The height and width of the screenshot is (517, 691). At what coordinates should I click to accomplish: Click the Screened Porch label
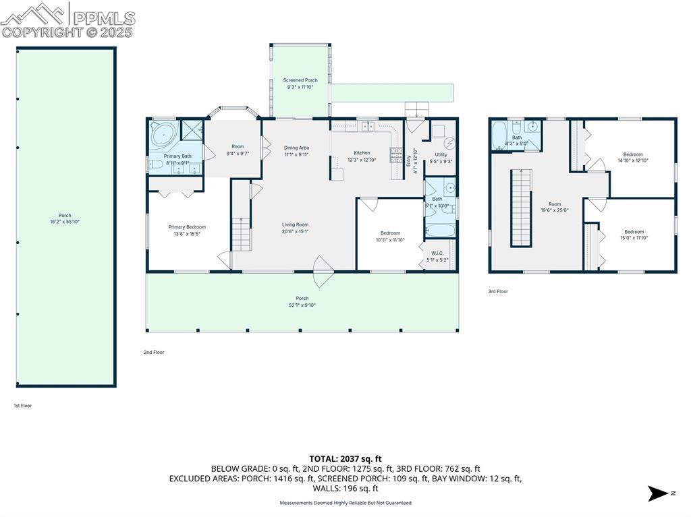click(300, 83)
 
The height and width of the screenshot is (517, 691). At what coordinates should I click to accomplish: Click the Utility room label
click(441, 158)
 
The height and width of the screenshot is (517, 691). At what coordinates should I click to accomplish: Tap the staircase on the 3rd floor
click(520, 208)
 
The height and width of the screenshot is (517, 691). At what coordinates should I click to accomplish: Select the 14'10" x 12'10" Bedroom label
click(633, 157)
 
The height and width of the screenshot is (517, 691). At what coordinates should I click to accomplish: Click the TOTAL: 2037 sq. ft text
click(345, 458)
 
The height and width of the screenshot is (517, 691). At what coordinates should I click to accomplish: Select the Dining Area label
click(296, 150)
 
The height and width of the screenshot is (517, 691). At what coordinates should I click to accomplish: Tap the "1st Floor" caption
click(23, 406)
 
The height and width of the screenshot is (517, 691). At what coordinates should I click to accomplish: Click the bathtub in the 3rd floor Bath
click(499, 134)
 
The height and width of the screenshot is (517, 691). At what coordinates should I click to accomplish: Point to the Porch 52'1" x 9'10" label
click(302, 301)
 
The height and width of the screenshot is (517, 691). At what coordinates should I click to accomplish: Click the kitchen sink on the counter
click(368, 125)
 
